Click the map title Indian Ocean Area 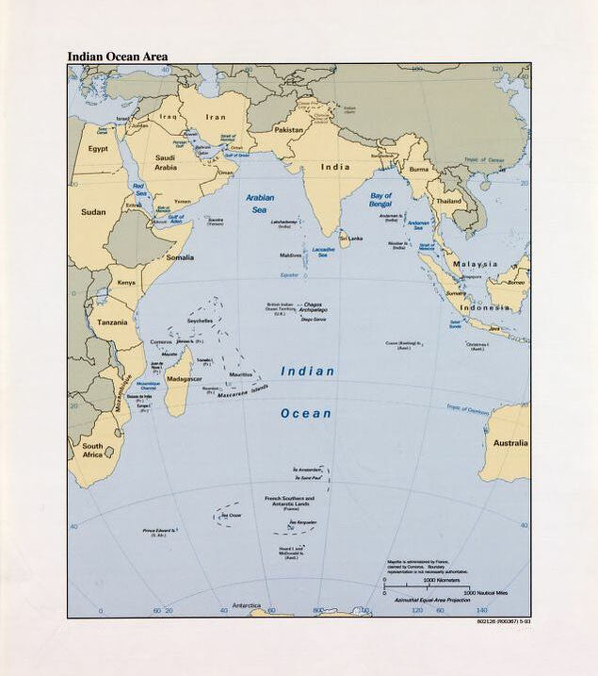pyautogui.click(x=117, y=57)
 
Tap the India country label pyautogui.click(x=334, y=167)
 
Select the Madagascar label pyautogui.click(x=184, y=379)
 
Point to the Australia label pyautogui.click(x=509, y=443)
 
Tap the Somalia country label pyautogui.click(x=180, y=257)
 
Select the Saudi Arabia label pyautogui.click(x=165, y=162)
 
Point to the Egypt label pyautogui.click(x=98, y=149)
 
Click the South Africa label pyautogui.click(x=92, y=450)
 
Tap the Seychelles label pyautogui.click(x=200, y=321)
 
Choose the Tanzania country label pyautogui.click(x=112, y=322)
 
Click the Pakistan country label pyautogui.click(x=288, y=129)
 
